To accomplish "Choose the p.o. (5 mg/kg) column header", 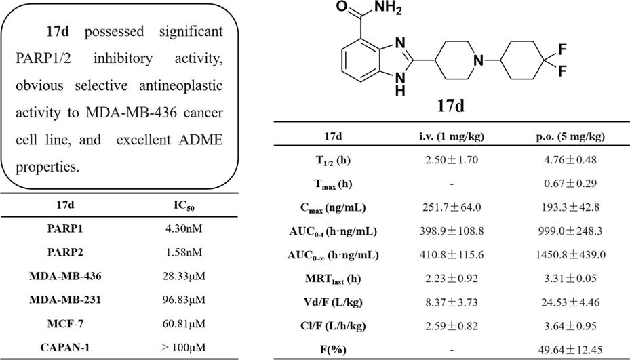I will (568, 136).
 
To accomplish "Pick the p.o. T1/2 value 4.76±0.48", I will (568, 160).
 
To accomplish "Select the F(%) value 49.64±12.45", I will (568, 349).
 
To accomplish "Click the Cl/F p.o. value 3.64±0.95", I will (568, 325).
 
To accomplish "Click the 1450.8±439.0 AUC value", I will (568, 255).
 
